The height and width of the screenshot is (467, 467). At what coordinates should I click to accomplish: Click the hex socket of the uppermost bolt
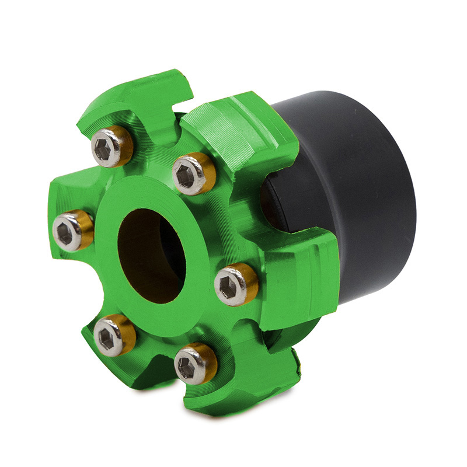[104, 151]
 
